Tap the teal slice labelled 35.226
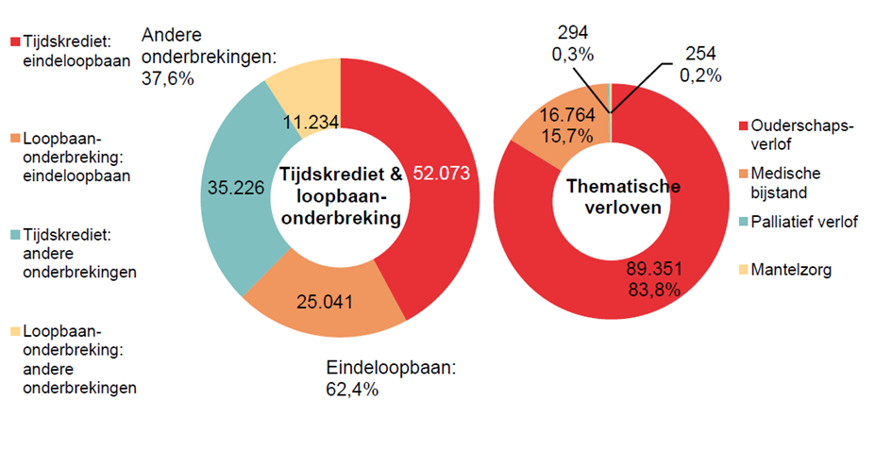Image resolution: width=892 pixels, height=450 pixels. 236,189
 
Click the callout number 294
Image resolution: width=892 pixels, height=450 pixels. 573,35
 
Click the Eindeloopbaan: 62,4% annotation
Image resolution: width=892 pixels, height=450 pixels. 390,376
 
